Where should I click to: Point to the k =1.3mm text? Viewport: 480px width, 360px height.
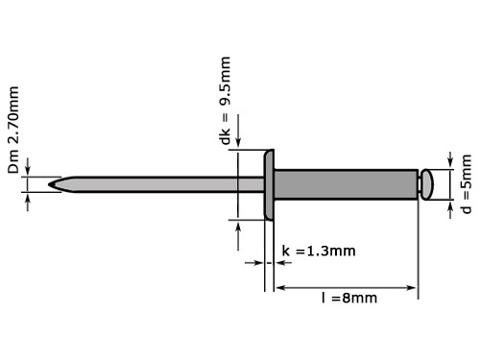coord(319,252)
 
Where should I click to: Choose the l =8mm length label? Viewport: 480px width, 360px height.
coord(348,298)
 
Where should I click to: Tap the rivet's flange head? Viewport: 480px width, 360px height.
coord(270,183)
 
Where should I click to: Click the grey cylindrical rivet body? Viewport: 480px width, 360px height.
coord(346,183)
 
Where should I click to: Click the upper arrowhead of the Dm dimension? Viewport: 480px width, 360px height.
coord(29,170)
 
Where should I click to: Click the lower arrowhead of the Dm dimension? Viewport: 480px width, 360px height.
coord(29,197)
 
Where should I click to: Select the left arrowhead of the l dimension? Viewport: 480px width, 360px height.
coord(281,285)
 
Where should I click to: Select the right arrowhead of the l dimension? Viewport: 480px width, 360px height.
coord(413,285)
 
